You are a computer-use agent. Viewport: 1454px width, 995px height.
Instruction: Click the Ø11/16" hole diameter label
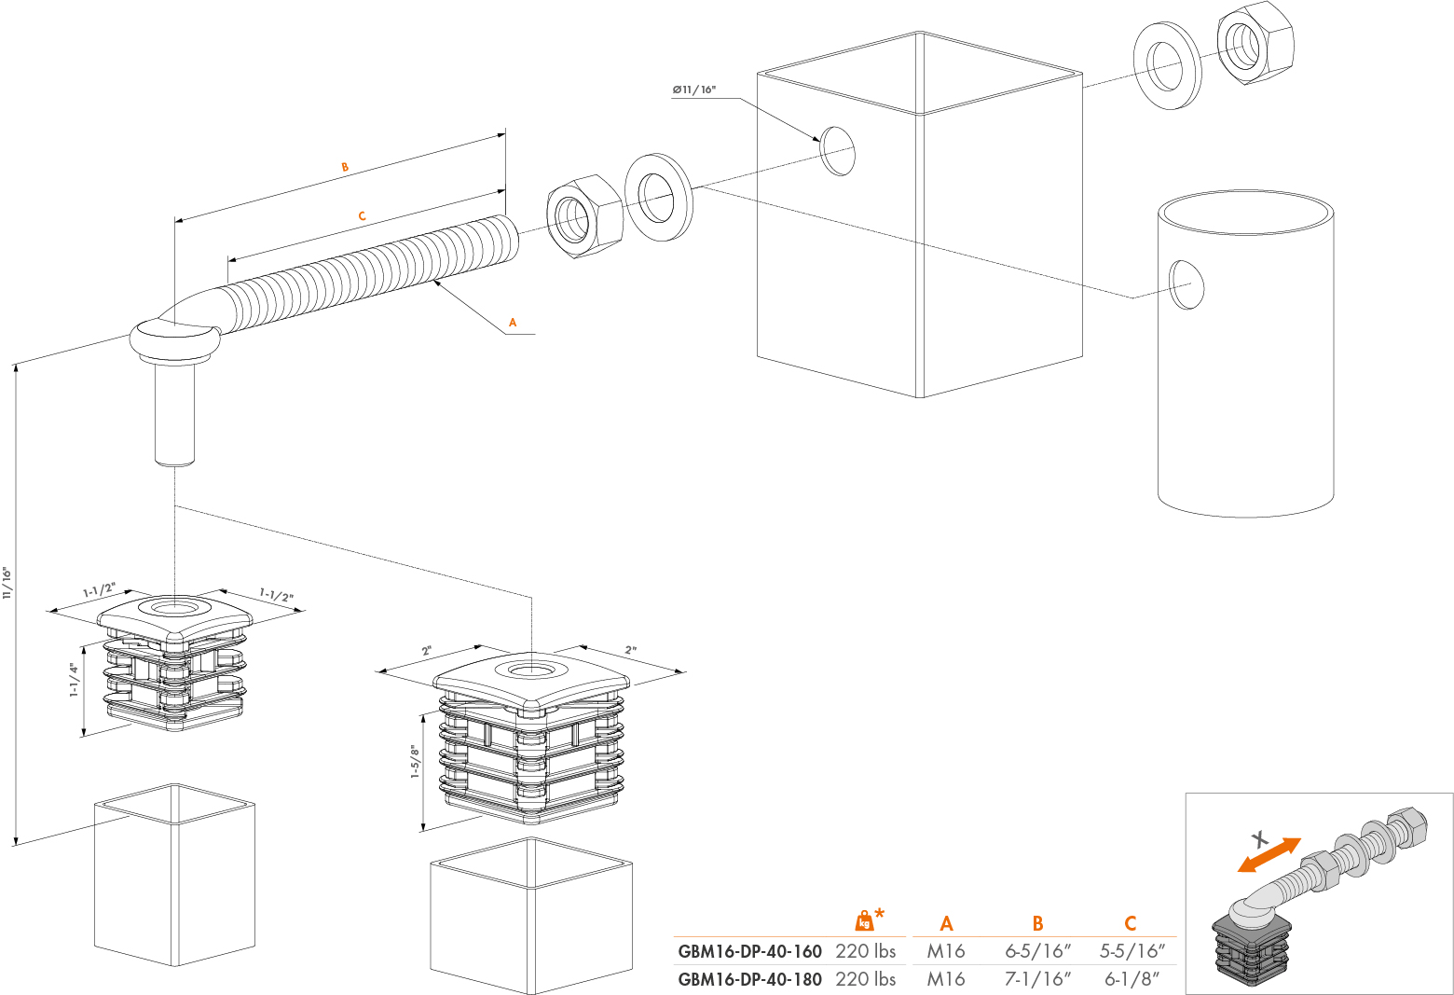(693, 90)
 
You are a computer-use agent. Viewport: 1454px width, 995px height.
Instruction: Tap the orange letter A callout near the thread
(512, 323)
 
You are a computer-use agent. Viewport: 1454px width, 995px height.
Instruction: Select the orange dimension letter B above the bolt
(345, 167)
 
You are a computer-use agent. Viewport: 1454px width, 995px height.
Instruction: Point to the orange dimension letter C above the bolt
(362, 215)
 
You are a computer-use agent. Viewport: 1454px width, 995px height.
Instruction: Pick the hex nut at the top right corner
(1255, 42)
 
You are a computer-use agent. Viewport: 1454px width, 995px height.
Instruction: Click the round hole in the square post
(837, 151)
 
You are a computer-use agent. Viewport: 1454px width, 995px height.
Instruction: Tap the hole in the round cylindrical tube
(1187, 284)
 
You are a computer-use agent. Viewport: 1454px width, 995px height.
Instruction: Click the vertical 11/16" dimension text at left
(7, 582)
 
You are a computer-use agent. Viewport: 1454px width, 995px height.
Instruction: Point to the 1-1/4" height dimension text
(75, 680)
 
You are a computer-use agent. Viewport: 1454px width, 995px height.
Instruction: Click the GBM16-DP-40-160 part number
(749, 951)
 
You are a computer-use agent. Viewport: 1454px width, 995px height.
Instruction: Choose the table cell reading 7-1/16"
(1037, 979)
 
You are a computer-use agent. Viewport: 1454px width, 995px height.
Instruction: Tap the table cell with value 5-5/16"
(1132, 951)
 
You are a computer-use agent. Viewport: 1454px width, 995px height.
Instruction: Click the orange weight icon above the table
(866, 920)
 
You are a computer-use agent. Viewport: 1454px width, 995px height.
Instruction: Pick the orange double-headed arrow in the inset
(1269, 855)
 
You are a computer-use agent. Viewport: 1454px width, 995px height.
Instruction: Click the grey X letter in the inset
(1259, 836)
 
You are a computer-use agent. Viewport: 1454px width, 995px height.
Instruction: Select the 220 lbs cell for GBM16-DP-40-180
(865, 979)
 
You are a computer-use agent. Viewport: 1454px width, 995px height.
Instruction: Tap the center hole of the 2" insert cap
(530, 670)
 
